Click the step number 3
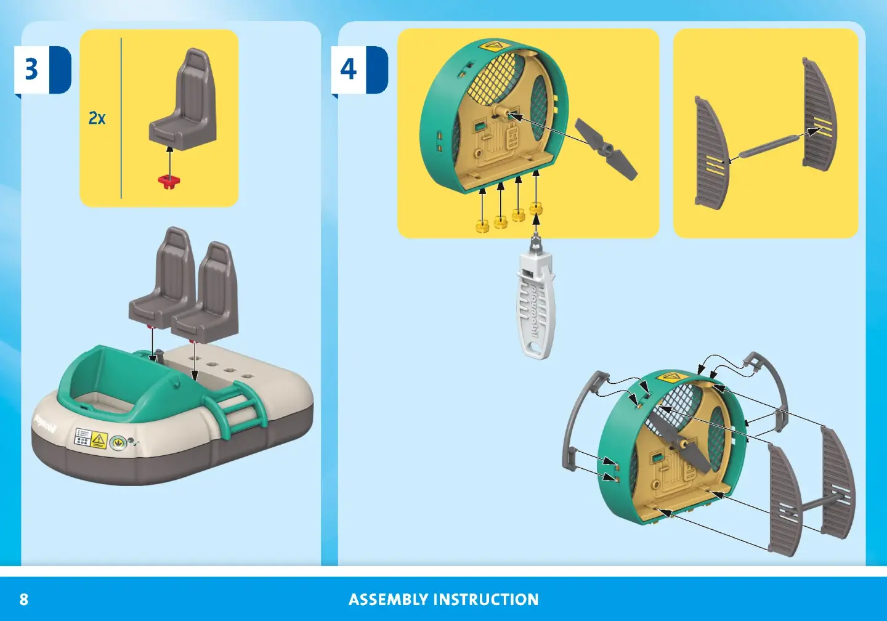[31, 69]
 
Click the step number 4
[348, 69]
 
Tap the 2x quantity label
[97, 118]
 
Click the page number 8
[24, 599]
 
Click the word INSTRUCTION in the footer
[486, 599]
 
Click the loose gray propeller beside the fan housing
[606, 149]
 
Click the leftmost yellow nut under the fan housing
[482, 225]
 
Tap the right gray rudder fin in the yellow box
[819, 114]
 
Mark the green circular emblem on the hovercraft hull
[116, 442]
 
